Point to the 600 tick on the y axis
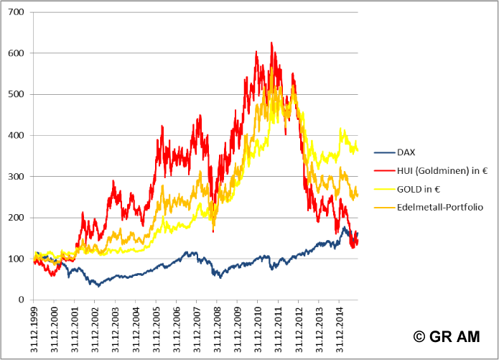[16, 54]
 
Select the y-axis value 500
[16, 95]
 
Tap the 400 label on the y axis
[16, 136]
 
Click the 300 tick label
[16, 177]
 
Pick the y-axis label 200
[16, 218]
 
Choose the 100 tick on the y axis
[16, 259]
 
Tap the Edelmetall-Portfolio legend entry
[439, 207]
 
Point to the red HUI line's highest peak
[271, 43]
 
